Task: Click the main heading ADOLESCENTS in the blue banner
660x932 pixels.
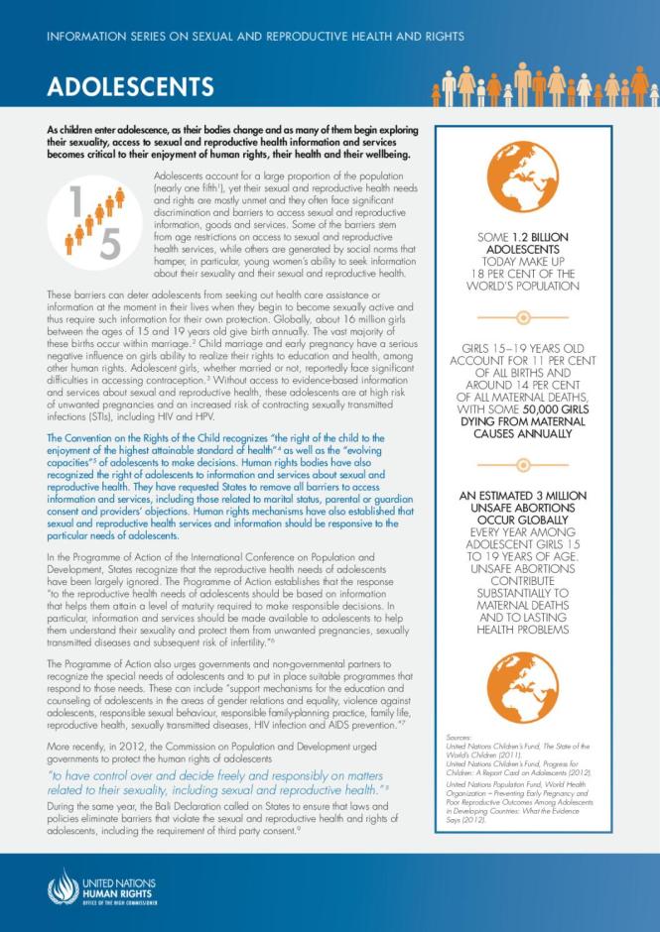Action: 130,86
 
